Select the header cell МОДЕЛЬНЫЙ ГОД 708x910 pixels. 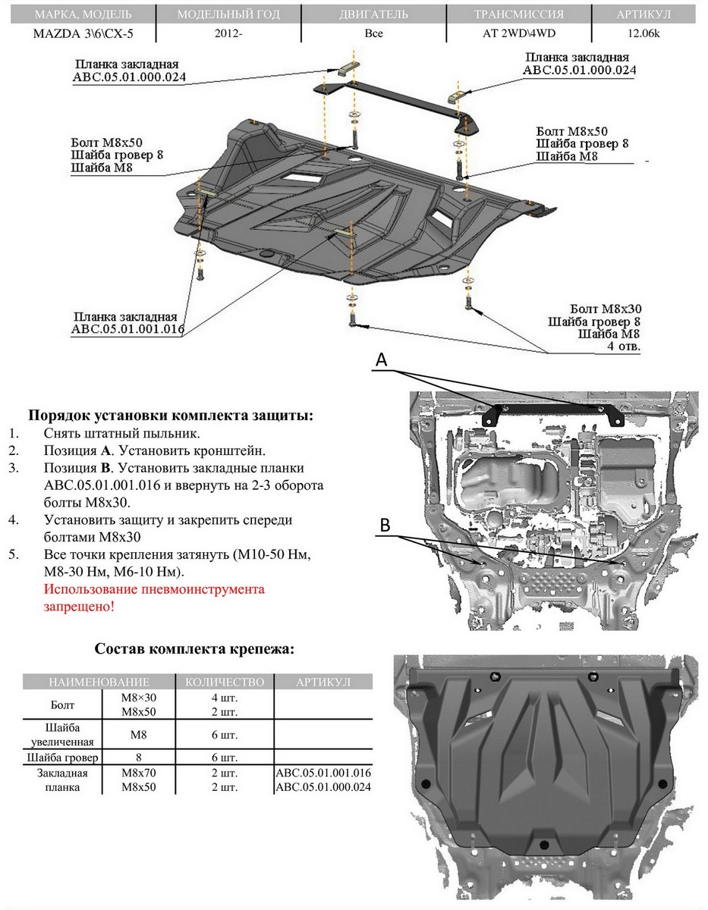coord(228,14)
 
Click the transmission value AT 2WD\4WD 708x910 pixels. coord(519,34)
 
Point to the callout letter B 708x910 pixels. coord(385,524)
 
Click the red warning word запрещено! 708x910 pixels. coord(79,607)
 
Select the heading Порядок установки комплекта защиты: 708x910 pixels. coord(170,416)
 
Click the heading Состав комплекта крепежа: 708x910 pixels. coord(194,649)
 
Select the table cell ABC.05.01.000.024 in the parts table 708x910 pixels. coord(326,787)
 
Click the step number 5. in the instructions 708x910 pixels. coord(13,554)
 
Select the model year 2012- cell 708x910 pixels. coord(228,34)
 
